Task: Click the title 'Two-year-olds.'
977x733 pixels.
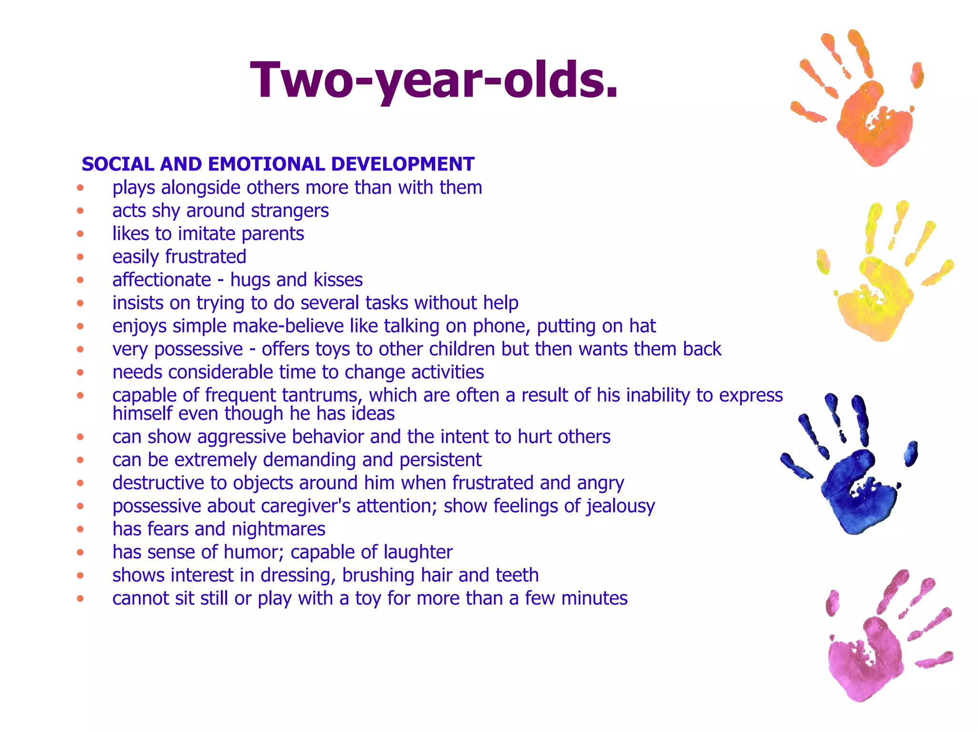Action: pos(434,80)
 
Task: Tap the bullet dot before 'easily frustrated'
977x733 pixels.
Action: pos(80,257)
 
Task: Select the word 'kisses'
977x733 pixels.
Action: pos(338,280)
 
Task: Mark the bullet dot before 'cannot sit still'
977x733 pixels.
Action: pos(80,598)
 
